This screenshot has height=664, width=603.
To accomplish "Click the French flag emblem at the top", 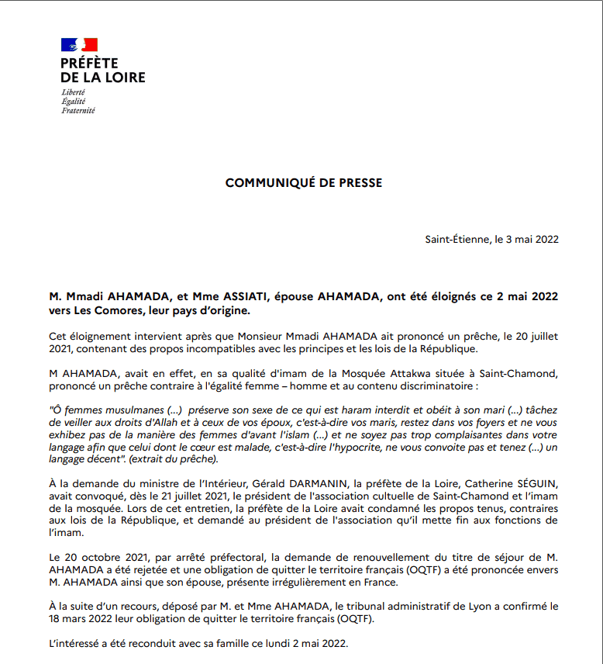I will coord(79,44).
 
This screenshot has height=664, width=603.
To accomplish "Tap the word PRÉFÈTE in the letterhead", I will coord(90,64).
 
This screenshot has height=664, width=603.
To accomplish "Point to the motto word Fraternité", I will coord(78,111).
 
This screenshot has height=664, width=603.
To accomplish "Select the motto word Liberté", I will coord(73,92).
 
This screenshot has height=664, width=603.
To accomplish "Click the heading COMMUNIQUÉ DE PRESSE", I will coord(303,183).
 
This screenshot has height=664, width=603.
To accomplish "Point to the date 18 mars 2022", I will coord(83,619).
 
